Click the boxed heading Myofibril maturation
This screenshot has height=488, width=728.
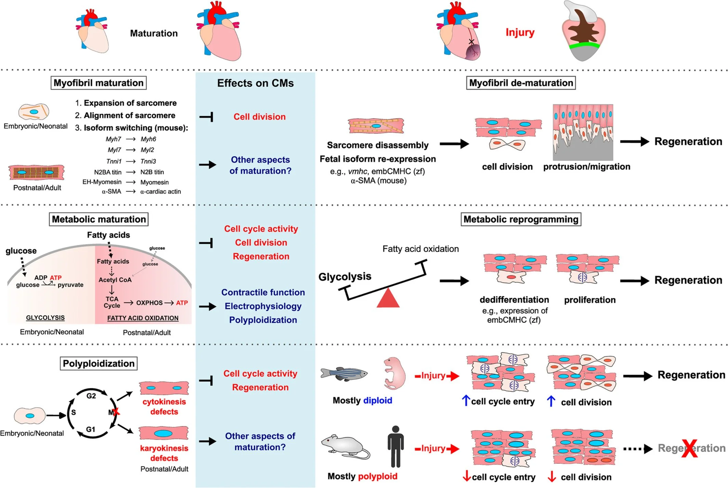(x=99, y=83)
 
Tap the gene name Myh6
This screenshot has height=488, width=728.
(x=148, y=139)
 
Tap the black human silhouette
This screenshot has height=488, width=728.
(x=395, y=447)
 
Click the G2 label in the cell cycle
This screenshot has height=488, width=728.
(x=91, y=396)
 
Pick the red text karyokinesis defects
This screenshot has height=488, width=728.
(x=164, y=453)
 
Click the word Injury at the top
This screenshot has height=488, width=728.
(x=520, y=33)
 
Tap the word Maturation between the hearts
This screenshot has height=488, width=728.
(x=154, y=33)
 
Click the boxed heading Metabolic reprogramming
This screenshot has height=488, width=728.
(x=521, y=219)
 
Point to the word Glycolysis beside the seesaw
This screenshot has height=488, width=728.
(x=344, y=276)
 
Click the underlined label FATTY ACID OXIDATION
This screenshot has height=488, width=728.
(x=143, y=318)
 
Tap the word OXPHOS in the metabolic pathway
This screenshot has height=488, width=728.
(x=149, y=303)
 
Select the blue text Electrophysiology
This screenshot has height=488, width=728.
(x=263, y=306)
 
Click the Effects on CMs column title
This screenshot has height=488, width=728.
(x=255, y=83)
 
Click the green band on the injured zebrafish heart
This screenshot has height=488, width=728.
(x=584, y=46)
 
